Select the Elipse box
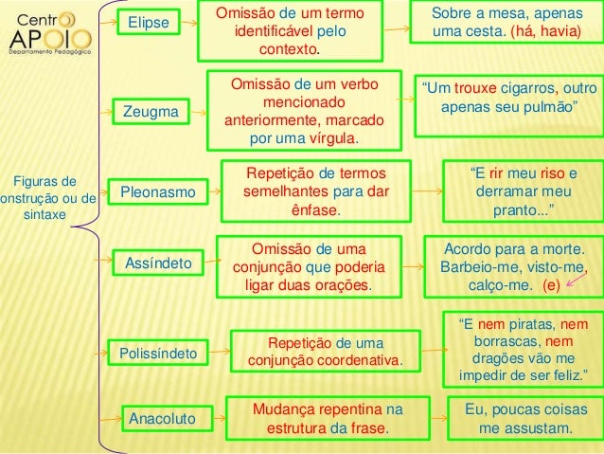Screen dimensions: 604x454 coord(151,22)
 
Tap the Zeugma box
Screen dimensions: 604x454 coord(151,113)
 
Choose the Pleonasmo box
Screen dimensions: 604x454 coord(157,193)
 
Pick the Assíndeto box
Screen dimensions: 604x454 coord(158,261)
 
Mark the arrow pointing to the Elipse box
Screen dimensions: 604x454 coord(109,22)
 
